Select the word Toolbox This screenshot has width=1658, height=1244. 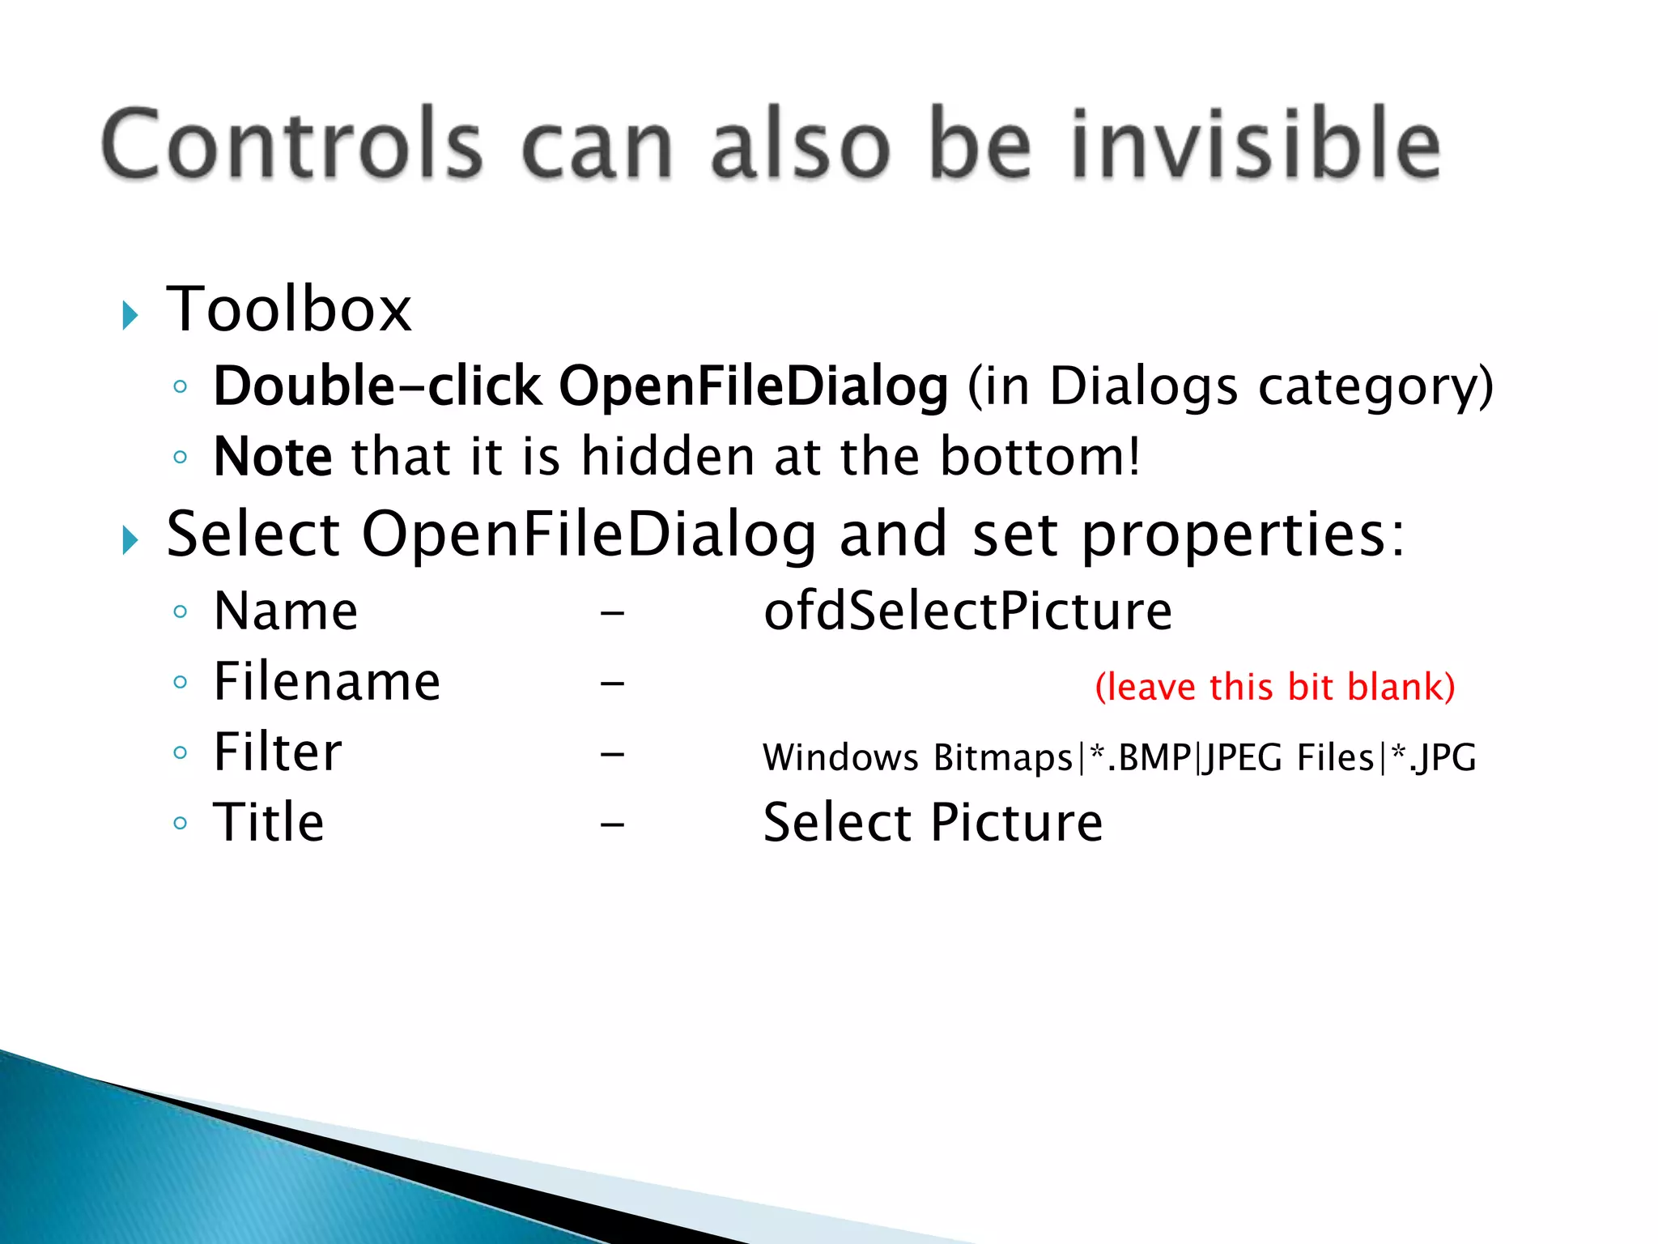point(289,309)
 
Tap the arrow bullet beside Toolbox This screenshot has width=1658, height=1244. point(130,315)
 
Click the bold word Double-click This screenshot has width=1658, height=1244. point(376,386)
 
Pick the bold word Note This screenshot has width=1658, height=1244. point(272,457)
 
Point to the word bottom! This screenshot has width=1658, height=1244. point(1039,457)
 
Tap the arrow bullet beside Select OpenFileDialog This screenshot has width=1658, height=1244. point(130,540)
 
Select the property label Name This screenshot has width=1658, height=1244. point(285,611)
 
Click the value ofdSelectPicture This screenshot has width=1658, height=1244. point(967,611)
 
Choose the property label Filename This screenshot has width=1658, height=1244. point(326,681)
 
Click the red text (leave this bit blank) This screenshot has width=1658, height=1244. point(1274,687)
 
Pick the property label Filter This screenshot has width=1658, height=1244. point(277,752)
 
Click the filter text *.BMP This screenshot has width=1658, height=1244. point(1141,758)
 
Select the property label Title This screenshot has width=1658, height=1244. point(268,823)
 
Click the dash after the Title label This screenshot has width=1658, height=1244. point(612,825)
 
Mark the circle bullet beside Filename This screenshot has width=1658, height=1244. point(181,682)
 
